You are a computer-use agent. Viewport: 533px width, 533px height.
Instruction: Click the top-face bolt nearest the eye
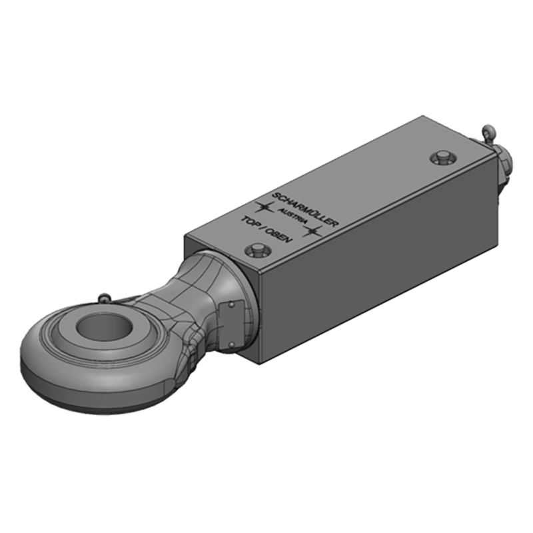point(256,251)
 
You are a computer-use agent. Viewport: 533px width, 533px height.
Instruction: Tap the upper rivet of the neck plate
point(231,305)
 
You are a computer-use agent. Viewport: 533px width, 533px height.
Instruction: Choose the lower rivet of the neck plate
point(232,344)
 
